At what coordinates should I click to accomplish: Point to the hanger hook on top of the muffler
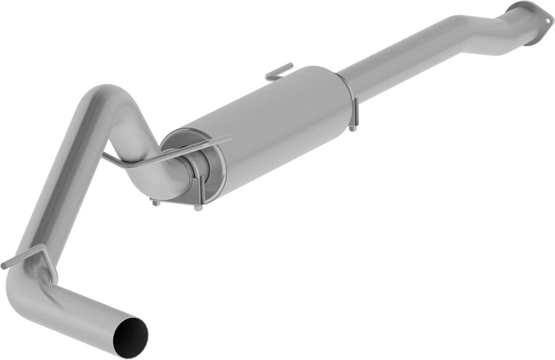tap(279, 73)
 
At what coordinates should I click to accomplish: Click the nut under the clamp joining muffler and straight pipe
tap(352, 128)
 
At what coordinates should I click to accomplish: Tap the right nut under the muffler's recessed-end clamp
tap(198, 207)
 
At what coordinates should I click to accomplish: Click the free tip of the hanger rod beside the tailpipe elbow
tap(4, 266)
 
